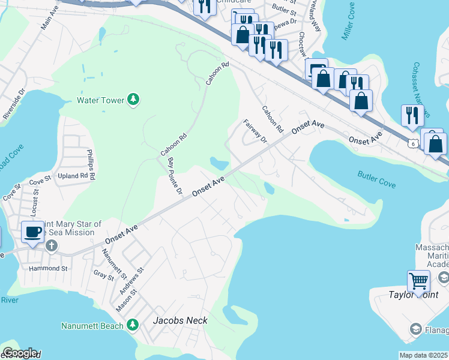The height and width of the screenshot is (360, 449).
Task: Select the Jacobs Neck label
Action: point(180,320)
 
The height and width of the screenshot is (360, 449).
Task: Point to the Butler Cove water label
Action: point(376,179)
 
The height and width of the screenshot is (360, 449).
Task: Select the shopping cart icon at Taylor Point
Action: point(418,280)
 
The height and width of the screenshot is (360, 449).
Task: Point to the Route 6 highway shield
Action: point(412,142)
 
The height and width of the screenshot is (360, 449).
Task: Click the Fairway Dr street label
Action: point(255,131)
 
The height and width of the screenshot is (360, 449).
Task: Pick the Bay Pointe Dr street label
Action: point(175,176)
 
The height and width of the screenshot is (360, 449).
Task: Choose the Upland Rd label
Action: point(71,177)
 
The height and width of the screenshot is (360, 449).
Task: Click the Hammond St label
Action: point(48,269)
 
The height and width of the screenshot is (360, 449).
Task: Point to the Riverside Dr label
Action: point(13,104)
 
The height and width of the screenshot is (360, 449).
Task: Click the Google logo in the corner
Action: point(19,353)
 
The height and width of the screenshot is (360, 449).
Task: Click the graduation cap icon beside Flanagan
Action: point(415,329)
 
